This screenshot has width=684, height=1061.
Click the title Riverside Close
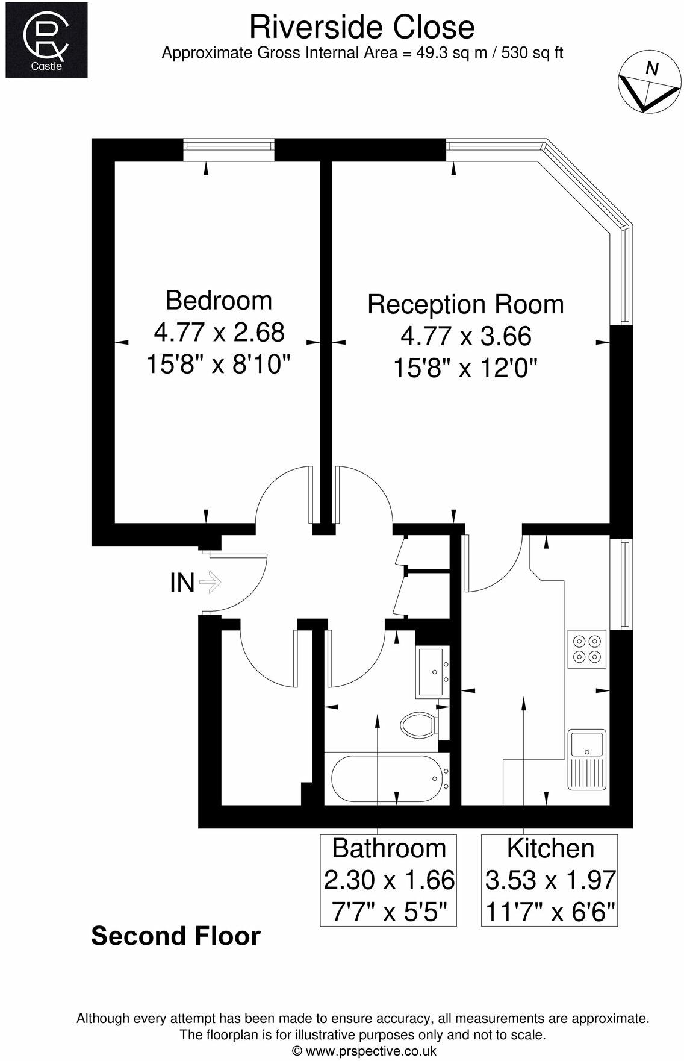click(362, 27)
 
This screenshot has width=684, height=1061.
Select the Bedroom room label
click(219, 300)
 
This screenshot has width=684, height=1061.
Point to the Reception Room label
click(465, 304)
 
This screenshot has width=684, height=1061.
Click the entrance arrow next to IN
click(211, 582)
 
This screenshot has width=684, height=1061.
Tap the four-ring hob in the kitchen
click(586, 649)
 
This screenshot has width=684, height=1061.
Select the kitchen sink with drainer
click(587, 759)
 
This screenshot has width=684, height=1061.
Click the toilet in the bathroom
click(418, 724)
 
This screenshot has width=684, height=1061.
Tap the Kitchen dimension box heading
click(550, 848)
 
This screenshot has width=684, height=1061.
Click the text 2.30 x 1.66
click(389, 880)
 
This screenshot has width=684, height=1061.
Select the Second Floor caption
click(176, 936)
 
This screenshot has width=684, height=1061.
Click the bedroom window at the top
click(229, 149)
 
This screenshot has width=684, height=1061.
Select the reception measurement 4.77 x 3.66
click(465, 336)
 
